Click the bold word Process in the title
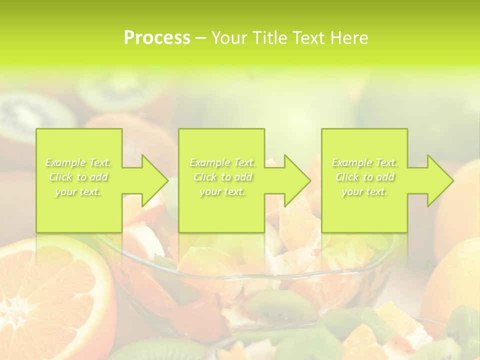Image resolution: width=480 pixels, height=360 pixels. (157, 38)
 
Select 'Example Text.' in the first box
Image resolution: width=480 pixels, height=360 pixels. (78, 162)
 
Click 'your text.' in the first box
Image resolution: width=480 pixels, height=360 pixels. (78, 191)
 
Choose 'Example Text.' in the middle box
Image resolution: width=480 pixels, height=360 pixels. (222, 162)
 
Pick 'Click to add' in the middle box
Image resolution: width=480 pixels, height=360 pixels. (222, 177)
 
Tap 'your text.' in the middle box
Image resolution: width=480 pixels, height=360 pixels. (222, 191)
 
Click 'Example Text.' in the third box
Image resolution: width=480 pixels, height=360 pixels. (364, 162)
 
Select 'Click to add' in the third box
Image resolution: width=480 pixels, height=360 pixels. (364, 177)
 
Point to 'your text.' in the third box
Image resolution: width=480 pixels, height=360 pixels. (364, 191)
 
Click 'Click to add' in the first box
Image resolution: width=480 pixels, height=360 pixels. (78, 177)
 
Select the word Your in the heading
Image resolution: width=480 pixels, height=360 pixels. (228, 38)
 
